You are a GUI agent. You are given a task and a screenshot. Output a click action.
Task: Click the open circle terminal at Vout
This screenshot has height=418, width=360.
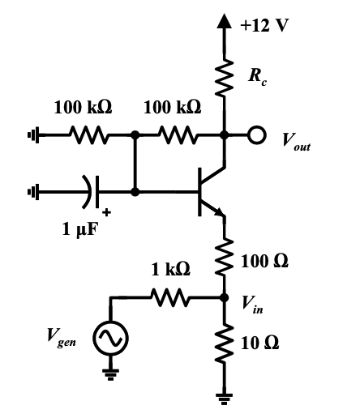(x=255, y=137)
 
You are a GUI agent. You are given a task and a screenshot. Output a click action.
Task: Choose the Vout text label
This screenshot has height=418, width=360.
(x=296, y=141)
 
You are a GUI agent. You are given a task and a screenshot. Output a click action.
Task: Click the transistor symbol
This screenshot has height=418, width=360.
(x=210, y=191)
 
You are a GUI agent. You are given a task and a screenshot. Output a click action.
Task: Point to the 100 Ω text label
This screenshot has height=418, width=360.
(x=265, y=262)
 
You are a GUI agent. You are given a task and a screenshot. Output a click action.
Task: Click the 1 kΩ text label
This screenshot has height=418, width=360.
(x=170, y=268)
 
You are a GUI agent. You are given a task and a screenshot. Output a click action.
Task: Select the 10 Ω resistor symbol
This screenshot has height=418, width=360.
(x=225, y=344)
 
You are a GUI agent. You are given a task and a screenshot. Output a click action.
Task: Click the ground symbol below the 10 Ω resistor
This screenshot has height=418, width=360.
(x=225, y=398)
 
